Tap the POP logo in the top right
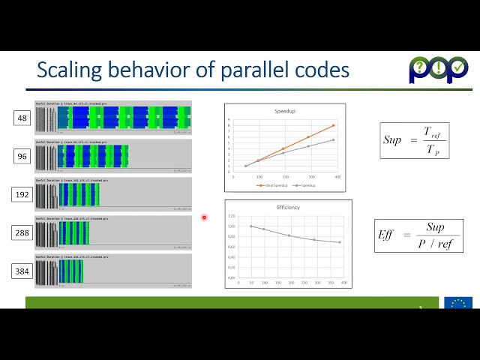click(x=439, y=70)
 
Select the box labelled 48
click(x=22, y=118)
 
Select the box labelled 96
click(x=22, y=156)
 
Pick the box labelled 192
click(x=22, y=194)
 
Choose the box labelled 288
click(x=22, y=233)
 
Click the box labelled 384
click(x=22, y=271)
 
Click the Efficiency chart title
click(x=288, y=207)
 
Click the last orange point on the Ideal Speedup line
click(x=333, y=125)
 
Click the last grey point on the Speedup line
click(x=333, y=139)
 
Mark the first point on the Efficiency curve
click(x=251, y=226)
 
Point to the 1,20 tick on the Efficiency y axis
click(x=232, y=215)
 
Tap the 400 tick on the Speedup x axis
click(x=338, y=177)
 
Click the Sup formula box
click(x=412, y=140)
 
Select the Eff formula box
click(x=418, y=235)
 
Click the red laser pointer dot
click(x=204, y=218)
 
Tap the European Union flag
click(x=457, y=303)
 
